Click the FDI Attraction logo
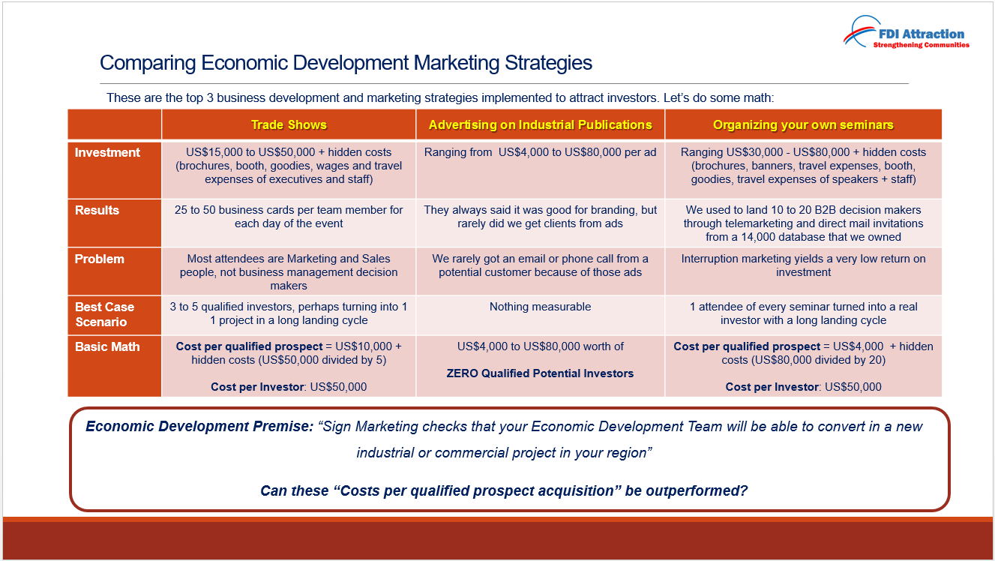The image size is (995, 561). tap(907, 32)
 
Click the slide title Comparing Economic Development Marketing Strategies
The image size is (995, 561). tap(346, 63)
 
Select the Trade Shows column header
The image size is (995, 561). tap(289, 124)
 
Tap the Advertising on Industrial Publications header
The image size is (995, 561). tap(540, 124)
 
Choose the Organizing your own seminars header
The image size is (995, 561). tap(803, 124)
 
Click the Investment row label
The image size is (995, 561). tap(107, 152)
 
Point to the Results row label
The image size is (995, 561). tap(97, 210)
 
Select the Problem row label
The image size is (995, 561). tap(99, 259)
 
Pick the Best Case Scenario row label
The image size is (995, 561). tap(104, 314)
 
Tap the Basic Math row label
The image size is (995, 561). tap(107, 346)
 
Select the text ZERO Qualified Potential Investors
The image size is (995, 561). tap(540, 373)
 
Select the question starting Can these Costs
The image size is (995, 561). tap(504, 490)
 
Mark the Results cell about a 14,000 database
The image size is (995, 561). tap(803, 223)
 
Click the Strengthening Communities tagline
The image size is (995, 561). tap(922, 45)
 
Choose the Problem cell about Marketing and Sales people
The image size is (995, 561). tap(289, 271)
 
